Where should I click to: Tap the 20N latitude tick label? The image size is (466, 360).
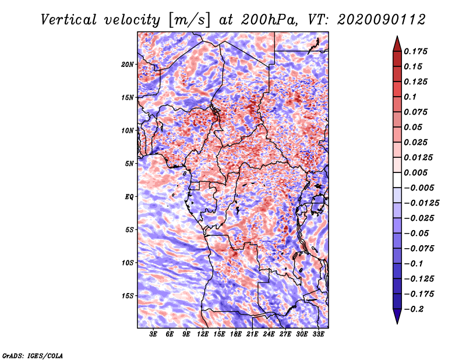(128, 64)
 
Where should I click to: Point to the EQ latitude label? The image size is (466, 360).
(129, 196)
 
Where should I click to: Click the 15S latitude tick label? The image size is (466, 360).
(128, 295)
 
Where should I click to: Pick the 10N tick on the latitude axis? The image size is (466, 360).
(128, 130)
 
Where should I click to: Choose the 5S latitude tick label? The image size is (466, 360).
(129, 230)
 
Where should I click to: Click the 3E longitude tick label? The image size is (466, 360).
(154, 335)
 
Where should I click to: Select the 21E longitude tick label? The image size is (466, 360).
(252, 335)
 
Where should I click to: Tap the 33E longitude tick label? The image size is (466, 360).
(318, 335)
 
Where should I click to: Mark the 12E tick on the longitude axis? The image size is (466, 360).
(203, 335)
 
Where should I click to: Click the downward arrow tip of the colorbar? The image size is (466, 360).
(397, 322)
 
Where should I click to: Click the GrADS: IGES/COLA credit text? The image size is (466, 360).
(32, 355)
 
